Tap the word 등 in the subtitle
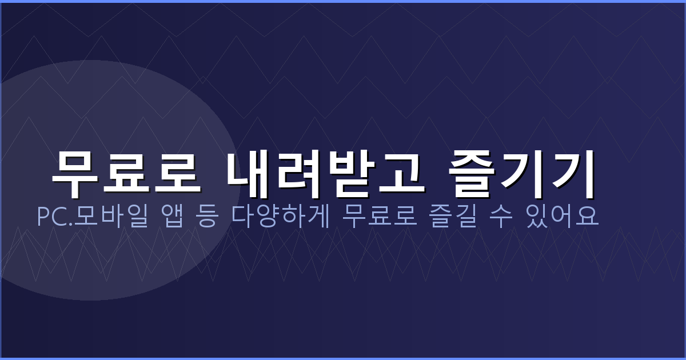pyautogui.click(x=208, y=217)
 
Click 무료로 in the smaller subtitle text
pyautogui.click(x=377, y=217)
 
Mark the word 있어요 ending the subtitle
pyautogui.click(x=564, y=217)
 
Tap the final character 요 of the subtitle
pyautogui.click(x=589, y=217)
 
